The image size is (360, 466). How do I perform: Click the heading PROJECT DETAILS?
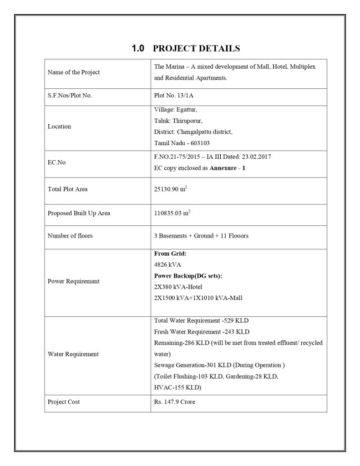pos(196,48)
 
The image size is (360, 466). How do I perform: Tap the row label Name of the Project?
pos(74,72)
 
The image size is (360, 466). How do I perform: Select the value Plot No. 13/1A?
pos(174,96)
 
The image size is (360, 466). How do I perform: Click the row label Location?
pos(60,127)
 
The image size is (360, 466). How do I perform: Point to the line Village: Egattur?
pos(176,110)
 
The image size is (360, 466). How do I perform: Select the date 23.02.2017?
pos(256,157)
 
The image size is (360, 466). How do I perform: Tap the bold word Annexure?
pos(224,167)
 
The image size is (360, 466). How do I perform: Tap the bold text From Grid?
pos(171,254)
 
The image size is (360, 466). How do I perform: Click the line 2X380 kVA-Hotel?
pos(178,287)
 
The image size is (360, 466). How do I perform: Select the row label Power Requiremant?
pos(74,281)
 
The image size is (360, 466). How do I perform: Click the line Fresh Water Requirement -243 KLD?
pos(202,331)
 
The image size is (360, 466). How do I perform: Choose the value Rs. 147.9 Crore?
pos(175,402)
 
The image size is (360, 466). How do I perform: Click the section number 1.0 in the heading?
pos(137,48)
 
